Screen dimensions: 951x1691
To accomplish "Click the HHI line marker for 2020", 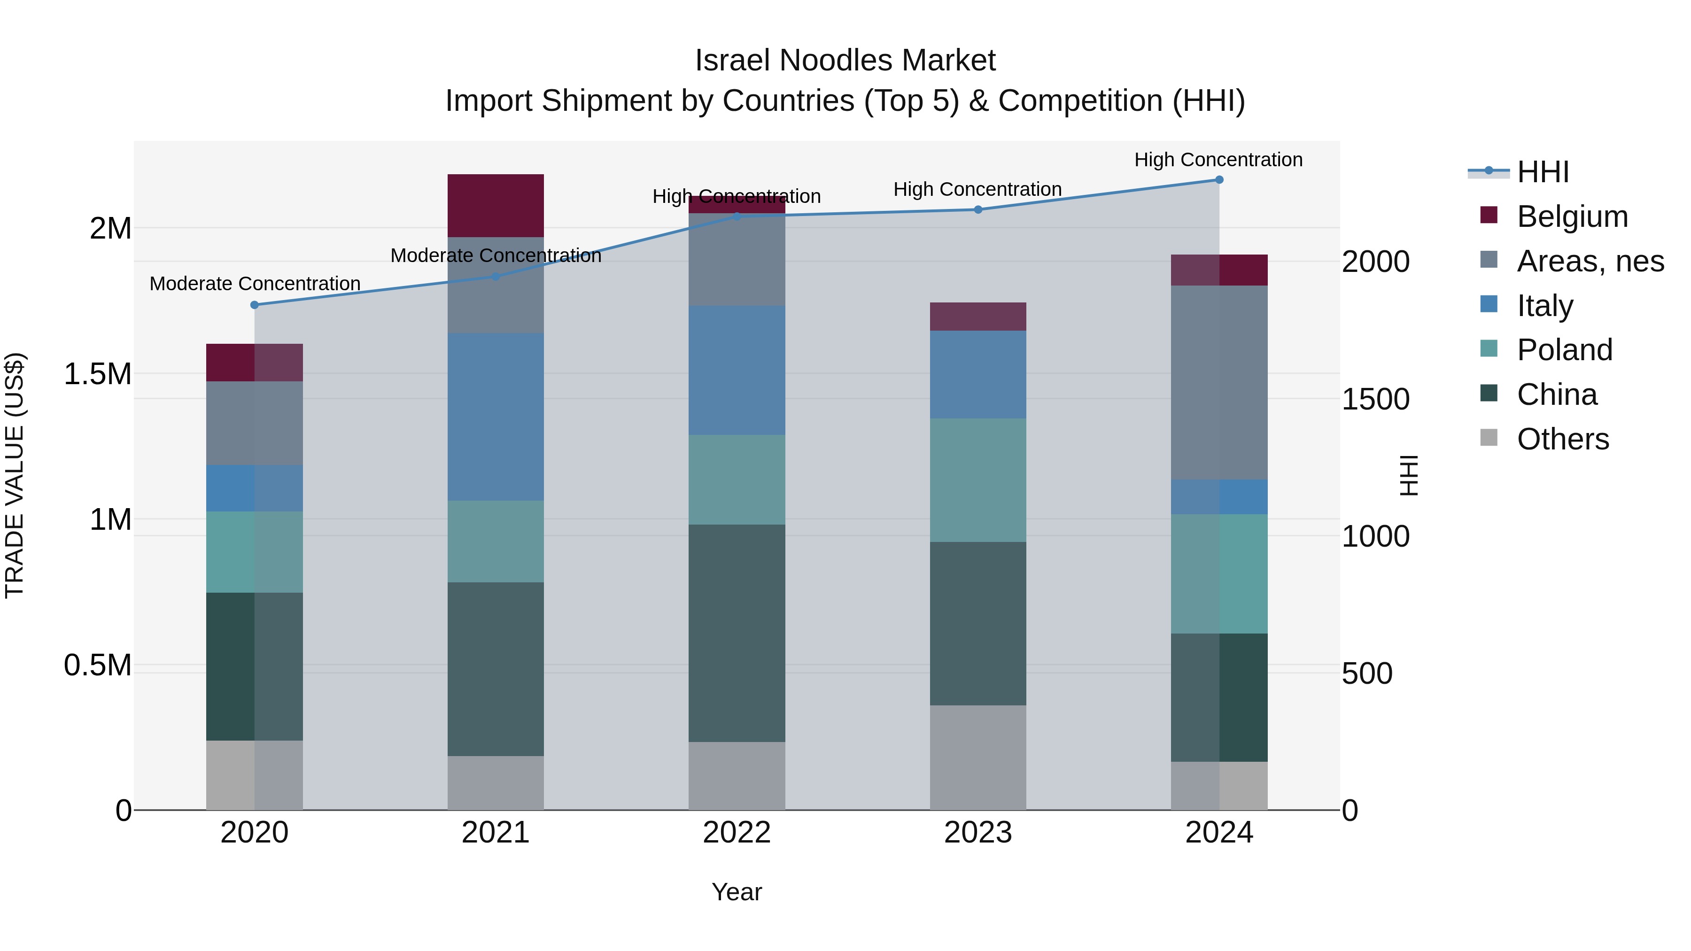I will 255,305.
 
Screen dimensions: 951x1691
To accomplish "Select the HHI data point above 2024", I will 1219,180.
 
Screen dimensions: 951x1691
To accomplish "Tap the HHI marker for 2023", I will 977,209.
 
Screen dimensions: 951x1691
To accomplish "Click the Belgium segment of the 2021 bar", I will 496,205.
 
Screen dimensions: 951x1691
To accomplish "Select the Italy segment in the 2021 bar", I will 496,417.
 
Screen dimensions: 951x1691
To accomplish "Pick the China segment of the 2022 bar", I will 737,634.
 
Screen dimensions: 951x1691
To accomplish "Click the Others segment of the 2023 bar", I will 977,758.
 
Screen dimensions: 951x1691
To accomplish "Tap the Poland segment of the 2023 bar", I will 977,480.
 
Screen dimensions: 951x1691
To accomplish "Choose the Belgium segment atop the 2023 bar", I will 977,317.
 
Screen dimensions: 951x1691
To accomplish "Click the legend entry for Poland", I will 1564,350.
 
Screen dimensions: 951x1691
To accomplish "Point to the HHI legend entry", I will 1543,172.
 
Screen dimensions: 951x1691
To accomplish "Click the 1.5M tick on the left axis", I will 97,374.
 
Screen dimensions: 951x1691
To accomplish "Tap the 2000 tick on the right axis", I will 1375,262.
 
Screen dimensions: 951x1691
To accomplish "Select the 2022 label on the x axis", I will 737,833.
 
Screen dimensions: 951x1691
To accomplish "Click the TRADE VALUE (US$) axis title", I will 15,475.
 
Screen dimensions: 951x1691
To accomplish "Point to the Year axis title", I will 737,892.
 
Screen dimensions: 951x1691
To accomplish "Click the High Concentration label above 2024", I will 1218,160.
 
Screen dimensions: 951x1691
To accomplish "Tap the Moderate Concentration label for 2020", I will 255,284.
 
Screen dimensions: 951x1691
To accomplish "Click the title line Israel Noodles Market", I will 845,61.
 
